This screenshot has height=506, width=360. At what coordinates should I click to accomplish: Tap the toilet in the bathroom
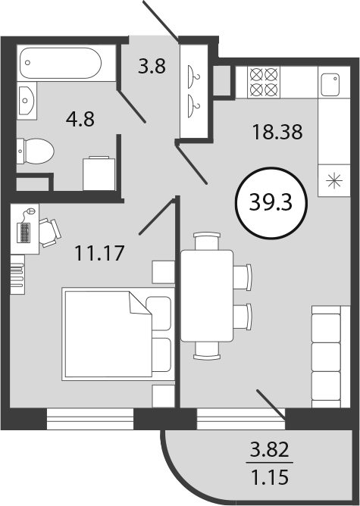[x=35, y=151]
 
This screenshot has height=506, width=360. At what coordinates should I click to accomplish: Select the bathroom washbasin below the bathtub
[x=27, y=101]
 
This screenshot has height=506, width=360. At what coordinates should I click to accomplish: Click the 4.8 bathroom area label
[x=80, y=119]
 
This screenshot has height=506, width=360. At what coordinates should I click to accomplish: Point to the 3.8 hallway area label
[x=152, y=66]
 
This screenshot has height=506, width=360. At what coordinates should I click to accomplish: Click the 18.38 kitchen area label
[x=277, y=132]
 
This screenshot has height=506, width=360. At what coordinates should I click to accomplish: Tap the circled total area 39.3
[x=271, y=203]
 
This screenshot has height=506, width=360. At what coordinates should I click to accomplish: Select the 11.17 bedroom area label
[x=99, y=253]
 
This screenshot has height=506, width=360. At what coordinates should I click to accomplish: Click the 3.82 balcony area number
[x=270, y=450]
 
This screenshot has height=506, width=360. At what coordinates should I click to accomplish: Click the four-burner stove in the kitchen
[x=264, y=83]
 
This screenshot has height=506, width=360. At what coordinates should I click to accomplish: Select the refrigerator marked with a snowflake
[x=334, y=180]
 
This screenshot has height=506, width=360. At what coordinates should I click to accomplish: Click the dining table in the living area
[x=207, y=295]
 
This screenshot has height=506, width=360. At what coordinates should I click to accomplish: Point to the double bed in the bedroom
[x=117, y=334]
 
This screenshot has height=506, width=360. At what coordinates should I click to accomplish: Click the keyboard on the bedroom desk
[x=24, y=233]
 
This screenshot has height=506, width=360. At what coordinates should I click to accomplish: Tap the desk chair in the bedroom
[x=50, y=233]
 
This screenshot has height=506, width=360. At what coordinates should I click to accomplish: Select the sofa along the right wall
[x=330, y=357]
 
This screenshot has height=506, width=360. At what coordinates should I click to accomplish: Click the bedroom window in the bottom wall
[x=90, y=419]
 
